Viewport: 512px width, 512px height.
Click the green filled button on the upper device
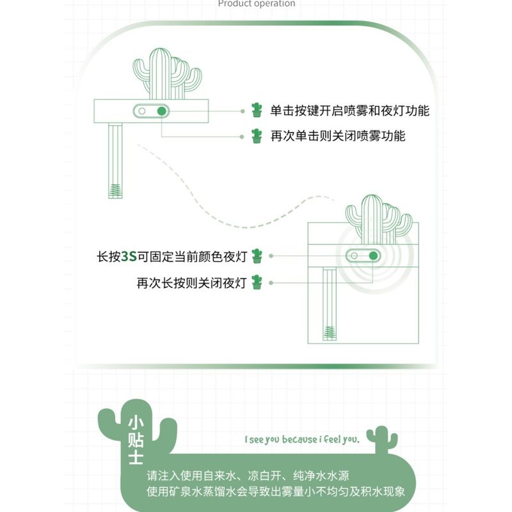(162, 111)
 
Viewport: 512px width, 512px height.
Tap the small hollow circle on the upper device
(141, 111)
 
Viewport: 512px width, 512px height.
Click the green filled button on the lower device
(373, 255)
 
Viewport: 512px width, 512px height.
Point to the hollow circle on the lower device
(354, 255)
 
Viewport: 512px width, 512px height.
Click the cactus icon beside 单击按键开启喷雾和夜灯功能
(257, 110)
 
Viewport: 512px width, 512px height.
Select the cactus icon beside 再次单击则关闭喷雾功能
(257, 136)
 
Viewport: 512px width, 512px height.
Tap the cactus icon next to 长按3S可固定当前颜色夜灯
(257, 256)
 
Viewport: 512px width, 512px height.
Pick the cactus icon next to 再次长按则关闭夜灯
(257, 282)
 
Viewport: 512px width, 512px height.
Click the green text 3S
(129, 257)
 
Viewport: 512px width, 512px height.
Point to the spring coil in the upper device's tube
(115, 191)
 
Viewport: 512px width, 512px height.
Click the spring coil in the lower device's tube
(329, 333)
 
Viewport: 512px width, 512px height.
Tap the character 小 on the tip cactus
(136, 422)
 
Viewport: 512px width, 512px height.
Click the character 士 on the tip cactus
(136, 457)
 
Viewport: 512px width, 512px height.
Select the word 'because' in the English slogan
(300, 440)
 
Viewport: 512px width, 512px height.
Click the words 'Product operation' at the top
(257, 4)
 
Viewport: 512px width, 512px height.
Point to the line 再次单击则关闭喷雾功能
(338, 136)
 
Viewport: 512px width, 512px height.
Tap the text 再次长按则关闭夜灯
(191, 283)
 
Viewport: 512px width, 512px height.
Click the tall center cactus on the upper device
(159, 74)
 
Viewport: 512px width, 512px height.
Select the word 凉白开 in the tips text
(264, 476)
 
